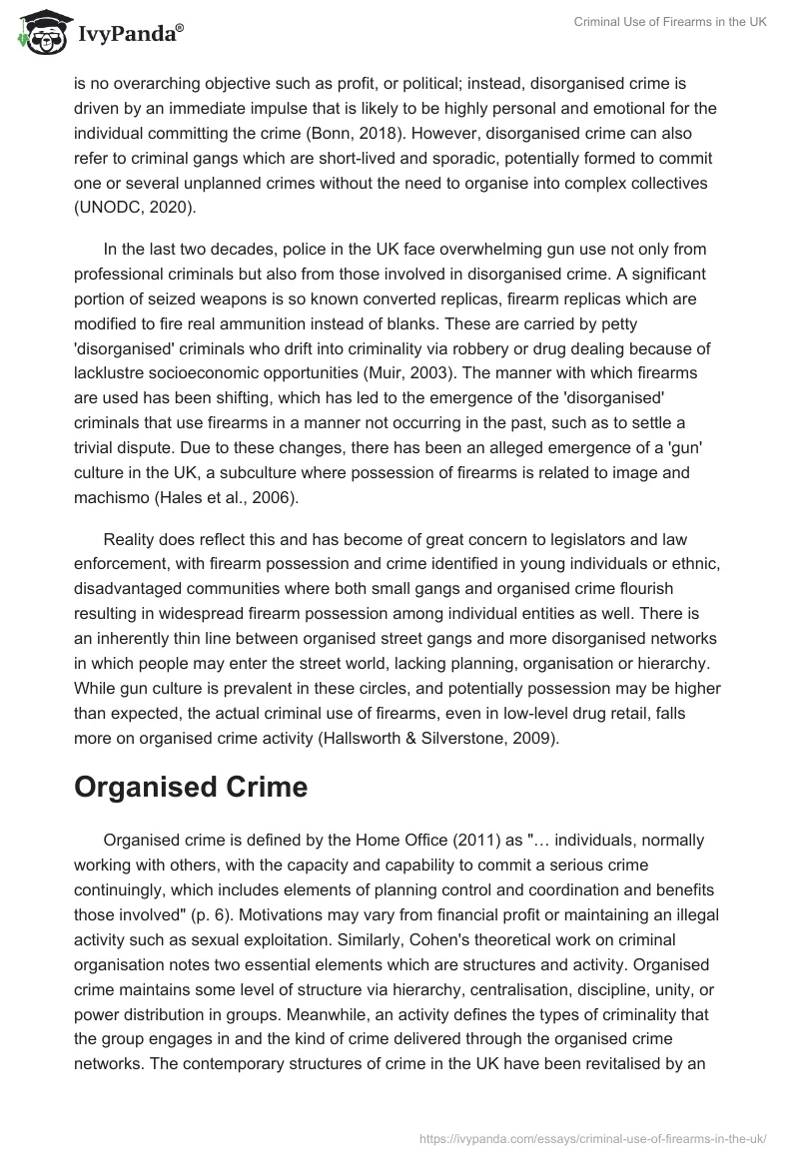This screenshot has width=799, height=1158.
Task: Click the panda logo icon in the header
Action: point(41,34)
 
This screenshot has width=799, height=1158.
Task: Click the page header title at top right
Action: point(662,23)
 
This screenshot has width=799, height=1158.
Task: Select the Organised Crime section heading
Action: point(191,786)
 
